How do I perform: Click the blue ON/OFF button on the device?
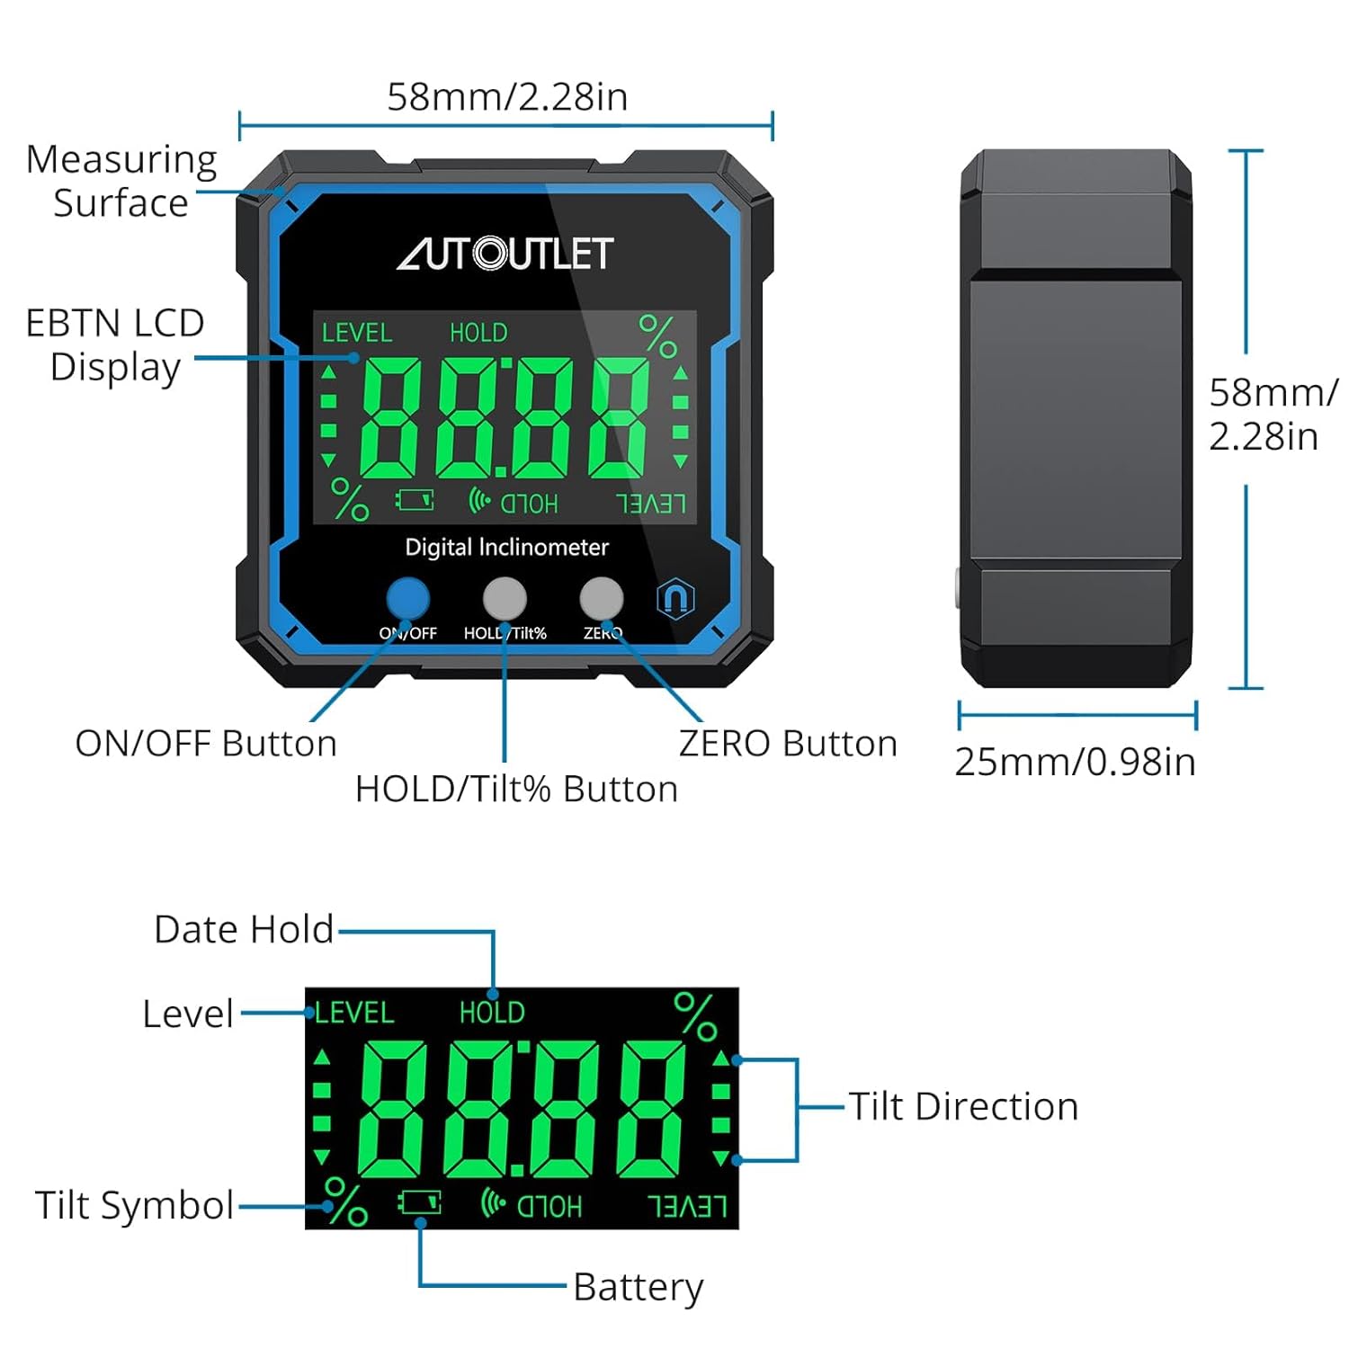(x=407, y=598)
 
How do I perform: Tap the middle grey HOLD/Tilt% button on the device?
(x=505, y=598)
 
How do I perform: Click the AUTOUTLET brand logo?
(x=505, y=254)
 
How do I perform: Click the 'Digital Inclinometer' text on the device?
(x=506, y=548)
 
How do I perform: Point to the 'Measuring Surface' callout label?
(x=121, y=181)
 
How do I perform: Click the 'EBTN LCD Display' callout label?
(x=115, y=344)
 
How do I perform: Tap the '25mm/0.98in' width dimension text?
(x=1075, y=762)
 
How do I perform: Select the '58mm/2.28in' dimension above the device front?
(x=507, y=97)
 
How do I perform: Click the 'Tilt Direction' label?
(x=963, y=1106)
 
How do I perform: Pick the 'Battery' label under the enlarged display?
(x=638, y=1287)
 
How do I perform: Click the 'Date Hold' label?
(x=244, y=929)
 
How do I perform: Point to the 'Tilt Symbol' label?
(x=135, y=1205)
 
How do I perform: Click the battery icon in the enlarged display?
(x=420, y=1202)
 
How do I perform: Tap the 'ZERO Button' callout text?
(x=788, y=744)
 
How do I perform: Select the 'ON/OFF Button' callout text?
(x=206, y=744)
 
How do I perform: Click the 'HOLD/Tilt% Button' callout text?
(x=516, y=789)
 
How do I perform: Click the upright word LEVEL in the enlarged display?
(x=354, y=1013)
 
